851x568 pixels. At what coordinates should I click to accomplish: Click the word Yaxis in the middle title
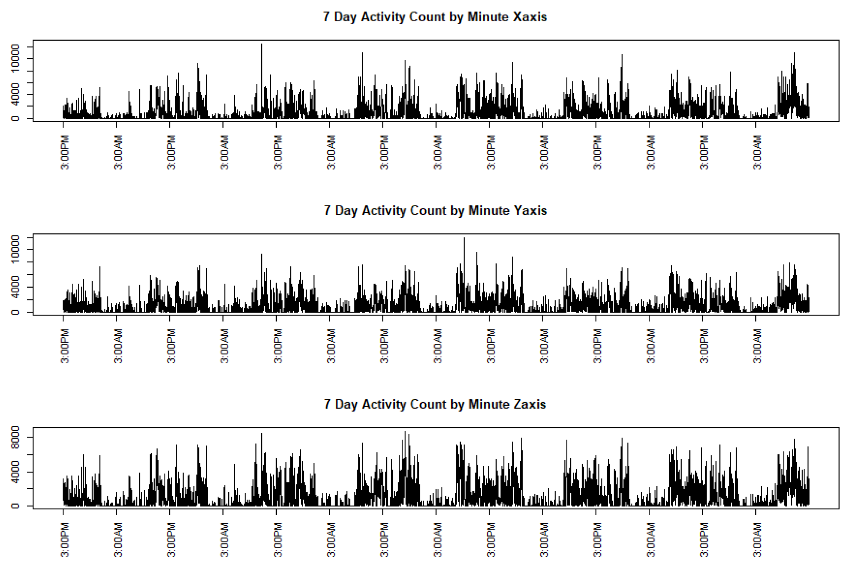[530, 211]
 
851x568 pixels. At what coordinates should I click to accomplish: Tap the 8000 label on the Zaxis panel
[15, 437]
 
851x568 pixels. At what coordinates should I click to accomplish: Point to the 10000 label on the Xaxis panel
[15, 58]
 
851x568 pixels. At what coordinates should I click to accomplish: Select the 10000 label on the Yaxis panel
[15, 250]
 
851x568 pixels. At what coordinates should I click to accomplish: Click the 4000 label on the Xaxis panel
[15, 95]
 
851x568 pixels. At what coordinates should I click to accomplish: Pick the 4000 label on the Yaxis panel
[15, 287]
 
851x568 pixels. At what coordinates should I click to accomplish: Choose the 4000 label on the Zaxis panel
[15, 472]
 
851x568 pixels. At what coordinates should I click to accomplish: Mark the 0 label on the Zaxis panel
[15, 506]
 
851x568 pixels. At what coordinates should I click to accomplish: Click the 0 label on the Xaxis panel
[15, 118]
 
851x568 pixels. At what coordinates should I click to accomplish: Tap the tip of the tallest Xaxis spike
[262, 44]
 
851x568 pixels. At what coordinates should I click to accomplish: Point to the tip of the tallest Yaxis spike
[464, 238]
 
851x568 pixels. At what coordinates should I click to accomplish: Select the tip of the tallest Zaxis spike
[405, 432]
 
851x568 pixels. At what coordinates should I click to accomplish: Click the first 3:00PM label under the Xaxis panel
[65, 152]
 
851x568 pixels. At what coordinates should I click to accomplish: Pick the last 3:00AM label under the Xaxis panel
[757, 152]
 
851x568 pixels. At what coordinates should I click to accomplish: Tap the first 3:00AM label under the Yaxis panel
[118, 346]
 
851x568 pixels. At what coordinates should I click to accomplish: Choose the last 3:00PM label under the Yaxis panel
[704, 346]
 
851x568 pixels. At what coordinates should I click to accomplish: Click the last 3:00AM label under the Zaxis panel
[757, 539]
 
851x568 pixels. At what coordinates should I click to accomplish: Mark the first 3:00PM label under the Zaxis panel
[65, 539]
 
